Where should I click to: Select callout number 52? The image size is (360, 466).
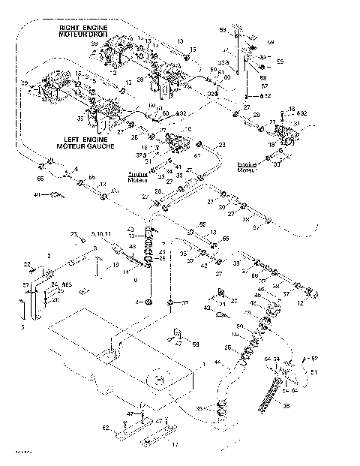click(314, 359)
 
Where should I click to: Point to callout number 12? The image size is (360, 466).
click(320, 304)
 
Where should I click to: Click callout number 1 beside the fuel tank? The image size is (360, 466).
click(203, 363)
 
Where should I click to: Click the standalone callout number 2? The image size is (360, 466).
click(49, 256)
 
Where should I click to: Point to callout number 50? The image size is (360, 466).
click(239, 326)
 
